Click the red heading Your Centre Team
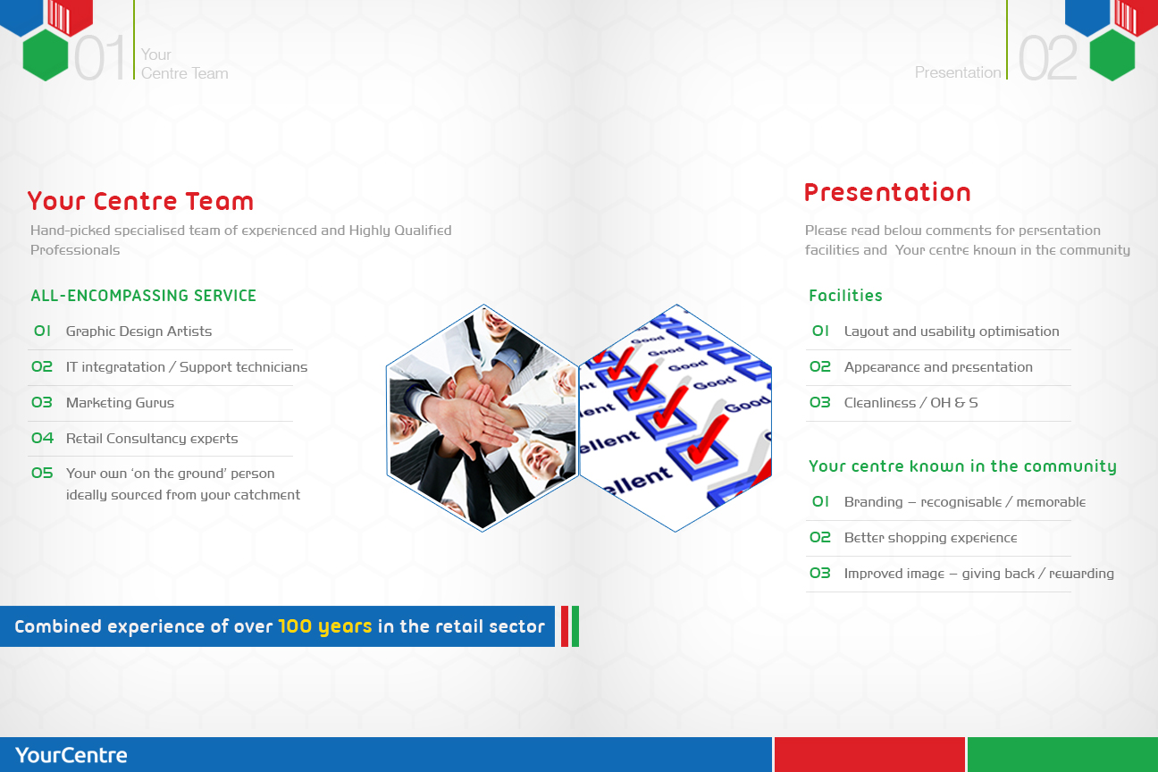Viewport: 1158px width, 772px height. (x=140, y=201)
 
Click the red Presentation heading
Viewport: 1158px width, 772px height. (x=886, y=192)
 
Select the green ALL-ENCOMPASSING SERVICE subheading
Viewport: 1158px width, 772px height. (x=143, y=296)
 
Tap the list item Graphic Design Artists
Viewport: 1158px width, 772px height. (x=138, y=331)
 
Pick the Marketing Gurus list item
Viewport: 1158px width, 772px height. (x=120, y=403)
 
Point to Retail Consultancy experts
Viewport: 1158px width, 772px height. (x=152, y=439)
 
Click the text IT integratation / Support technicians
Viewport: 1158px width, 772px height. (x=186, y=367)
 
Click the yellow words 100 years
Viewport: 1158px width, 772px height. (x=324, y=626)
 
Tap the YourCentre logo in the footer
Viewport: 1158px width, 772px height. (x=71, y=755)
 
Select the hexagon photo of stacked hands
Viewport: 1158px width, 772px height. (x=482, y=417)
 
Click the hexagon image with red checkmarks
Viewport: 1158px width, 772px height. (x=675, y=417)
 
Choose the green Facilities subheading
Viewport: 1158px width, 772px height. (x=845, y=296)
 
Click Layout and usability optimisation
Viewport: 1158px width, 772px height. (x=952, y=331)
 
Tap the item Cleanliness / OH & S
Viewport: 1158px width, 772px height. (x=910, y=403)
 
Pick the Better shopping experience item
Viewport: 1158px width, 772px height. (x=930, y=538)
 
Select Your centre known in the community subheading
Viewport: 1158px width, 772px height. (x=962, y=466)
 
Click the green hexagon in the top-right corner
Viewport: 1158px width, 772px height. (x=1112, y=55)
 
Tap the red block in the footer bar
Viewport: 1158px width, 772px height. (x=869, y=755)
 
